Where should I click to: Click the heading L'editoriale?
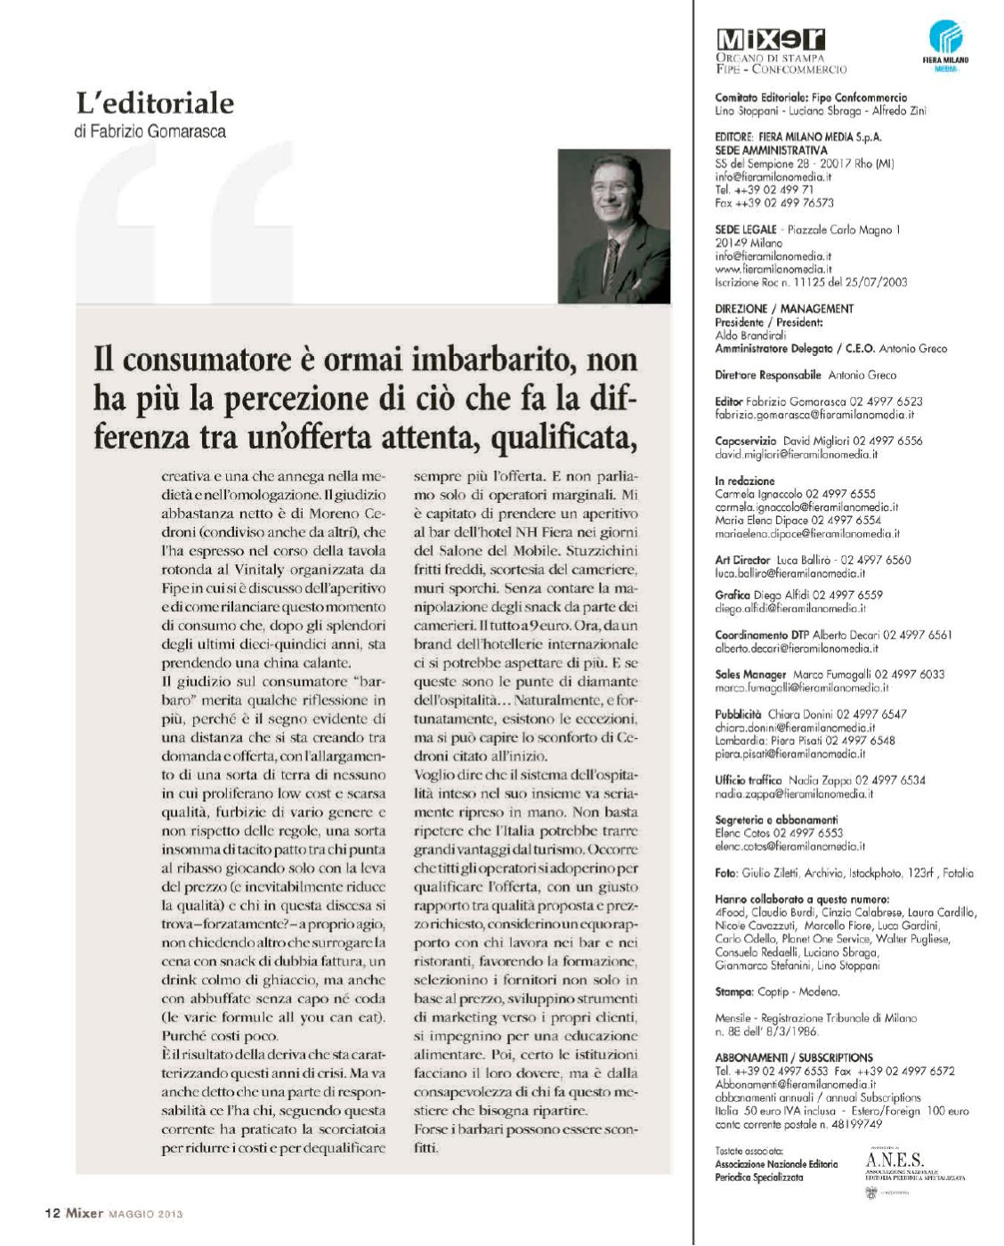[155, 103]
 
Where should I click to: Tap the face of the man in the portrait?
[613, 194]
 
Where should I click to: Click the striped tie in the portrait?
[611, 259]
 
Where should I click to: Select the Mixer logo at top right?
[770, 40]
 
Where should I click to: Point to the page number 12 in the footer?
[53, 1212]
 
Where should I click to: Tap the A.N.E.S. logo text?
[895, 1161]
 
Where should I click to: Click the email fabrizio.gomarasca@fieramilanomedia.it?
[814, 415]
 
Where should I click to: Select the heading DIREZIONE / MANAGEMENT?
[784, 309]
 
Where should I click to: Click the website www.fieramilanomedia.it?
[773, 269]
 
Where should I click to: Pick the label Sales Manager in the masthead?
[750, 675]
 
